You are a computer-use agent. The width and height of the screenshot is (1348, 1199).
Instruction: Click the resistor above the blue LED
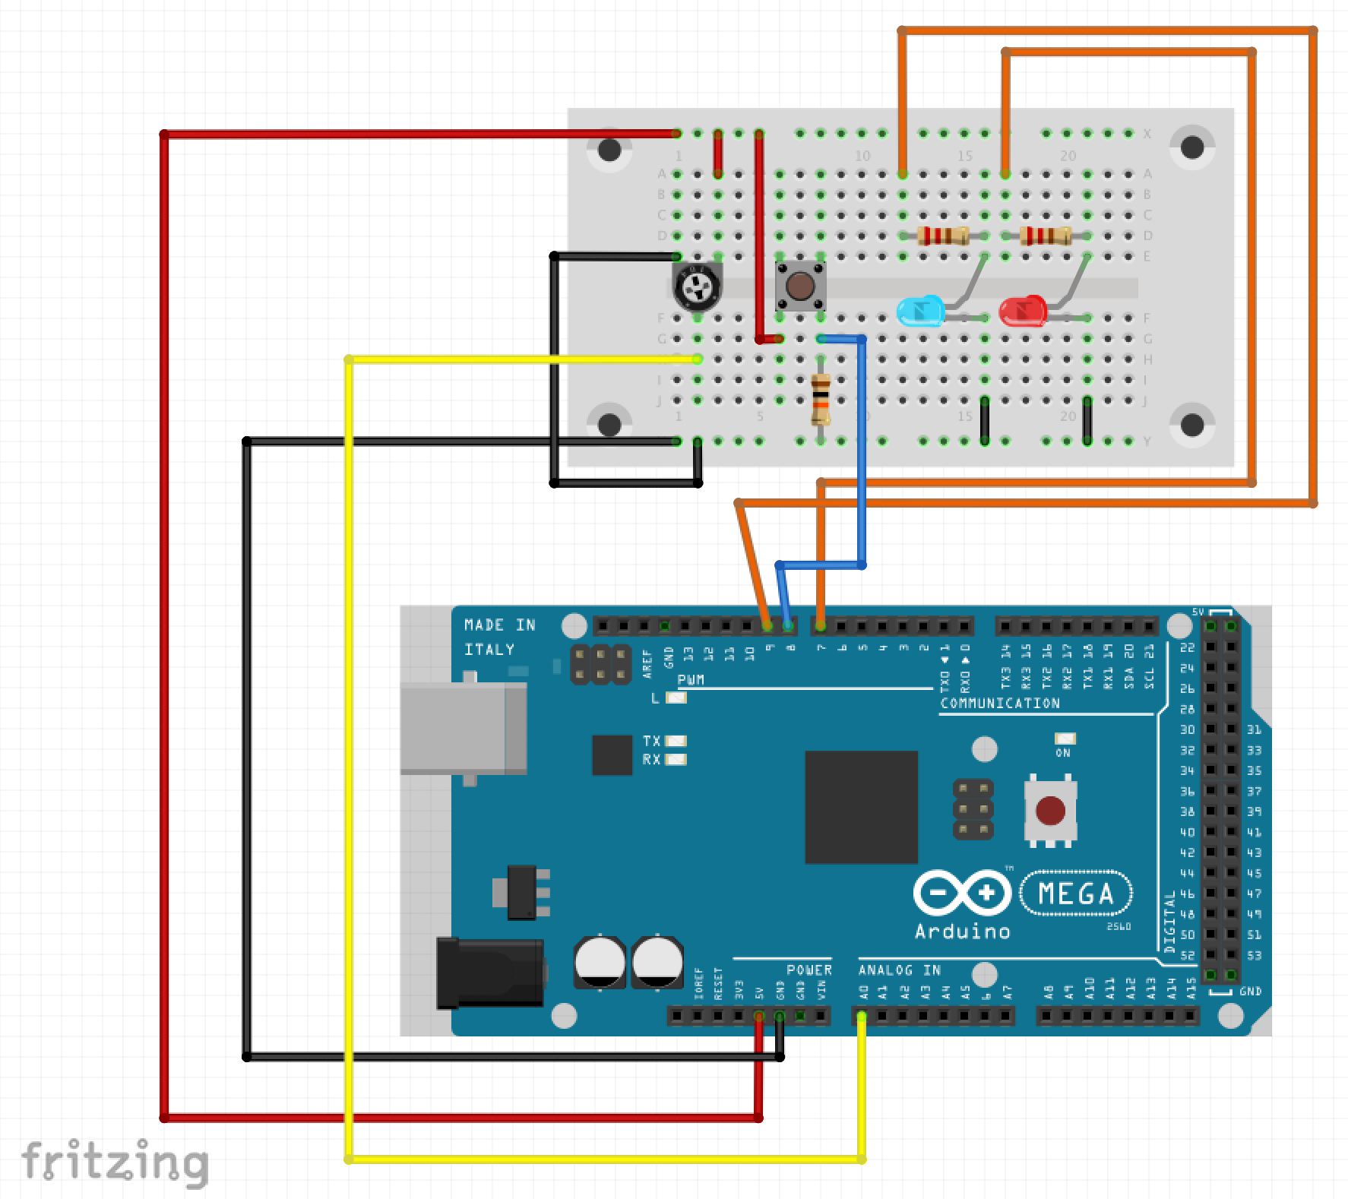pos(942,236)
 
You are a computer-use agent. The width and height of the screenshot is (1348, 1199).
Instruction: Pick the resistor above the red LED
pos(1046,236)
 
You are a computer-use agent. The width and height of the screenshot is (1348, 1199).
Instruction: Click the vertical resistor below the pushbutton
pos(821,400)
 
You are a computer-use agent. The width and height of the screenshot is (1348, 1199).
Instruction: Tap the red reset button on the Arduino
pos(1050,810)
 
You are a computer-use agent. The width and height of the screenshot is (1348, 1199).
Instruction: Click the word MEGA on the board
pos(1075,894)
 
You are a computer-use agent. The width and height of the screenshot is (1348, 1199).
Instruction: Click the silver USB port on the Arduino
pos(464,728)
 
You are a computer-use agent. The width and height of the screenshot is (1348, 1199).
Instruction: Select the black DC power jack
pos(490,973)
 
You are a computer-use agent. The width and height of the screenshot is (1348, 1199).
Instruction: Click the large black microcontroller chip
pos(861,807)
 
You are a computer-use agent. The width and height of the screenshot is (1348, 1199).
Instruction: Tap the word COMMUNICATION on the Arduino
pos(1000,704)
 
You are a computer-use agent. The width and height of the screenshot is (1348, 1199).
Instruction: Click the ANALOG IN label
pos(900,970)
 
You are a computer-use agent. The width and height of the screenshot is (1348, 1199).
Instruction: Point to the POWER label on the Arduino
pos(808,970)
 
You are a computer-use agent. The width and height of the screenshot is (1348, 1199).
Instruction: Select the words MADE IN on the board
pos(499,625)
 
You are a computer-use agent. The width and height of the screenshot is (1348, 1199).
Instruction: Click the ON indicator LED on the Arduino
pos(1065,739)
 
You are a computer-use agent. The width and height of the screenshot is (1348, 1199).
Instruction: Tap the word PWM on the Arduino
pos(691,679)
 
